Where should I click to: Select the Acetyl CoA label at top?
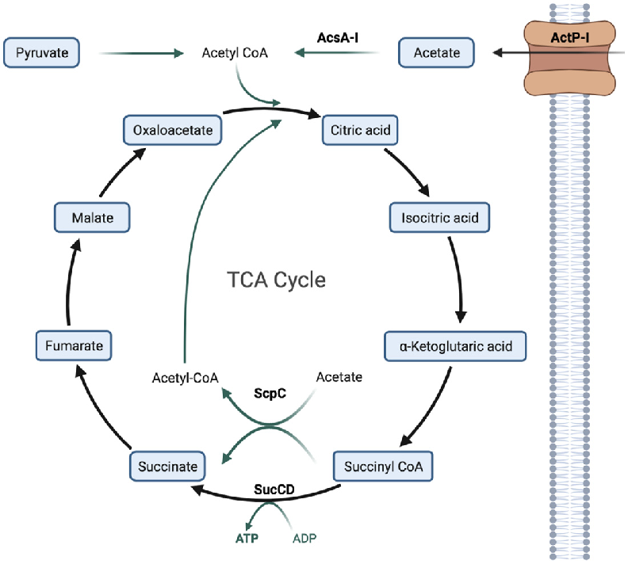click(235, 53)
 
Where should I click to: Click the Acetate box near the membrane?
click(437, 53)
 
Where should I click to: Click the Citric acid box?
click(360, 129)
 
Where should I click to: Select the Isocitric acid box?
click(438, 217)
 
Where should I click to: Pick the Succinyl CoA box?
click(384, 466)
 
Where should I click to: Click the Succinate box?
click(168, 466)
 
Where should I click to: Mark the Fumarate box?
click(74, 345)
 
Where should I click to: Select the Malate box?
click(92, 217)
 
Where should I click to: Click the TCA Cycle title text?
click(276, 280)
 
